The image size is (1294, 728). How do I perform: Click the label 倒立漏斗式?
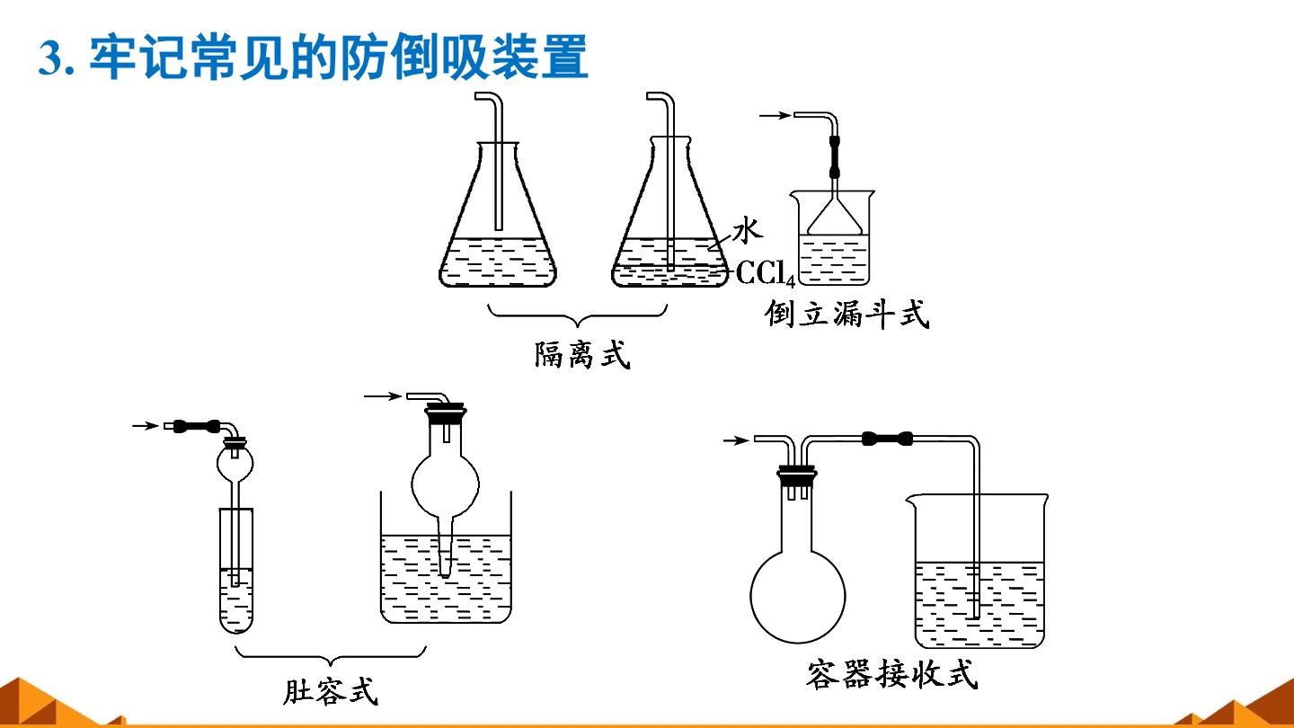point(846,315)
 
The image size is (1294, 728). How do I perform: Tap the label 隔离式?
point(581,355)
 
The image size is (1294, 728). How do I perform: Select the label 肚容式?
point(331,690)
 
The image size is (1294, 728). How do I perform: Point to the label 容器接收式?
point(892,674)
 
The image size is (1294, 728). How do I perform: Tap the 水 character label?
point(748,230)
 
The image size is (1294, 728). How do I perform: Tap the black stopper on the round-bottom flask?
point(796,476)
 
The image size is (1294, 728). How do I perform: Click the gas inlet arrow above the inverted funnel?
point(775,116)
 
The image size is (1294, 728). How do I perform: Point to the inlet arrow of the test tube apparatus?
point(145,426)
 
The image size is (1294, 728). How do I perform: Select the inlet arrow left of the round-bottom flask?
point(736,440)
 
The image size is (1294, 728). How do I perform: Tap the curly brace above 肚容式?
point(331,657)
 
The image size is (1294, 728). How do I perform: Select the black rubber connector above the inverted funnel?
point(835,156)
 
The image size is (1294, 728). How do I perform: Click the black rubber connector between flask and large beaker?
point(887,439)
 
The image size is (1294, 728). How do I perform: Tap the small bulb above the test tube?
point(235,462)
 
